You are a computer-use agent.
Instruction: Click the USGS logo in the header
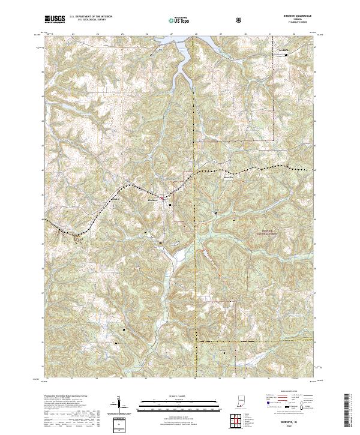point(55,20)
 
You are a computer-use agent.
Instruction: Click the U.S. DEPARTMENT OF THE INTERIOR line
point(91,16)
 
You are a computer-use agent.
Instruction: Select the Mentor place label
point(228,177)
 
